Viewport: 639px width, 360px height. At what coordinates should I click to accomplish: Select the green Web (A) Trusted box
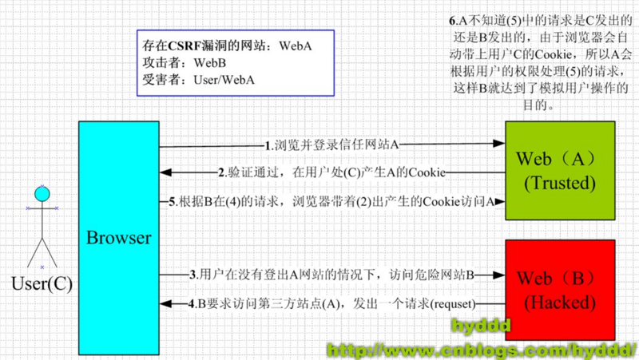(559, 171)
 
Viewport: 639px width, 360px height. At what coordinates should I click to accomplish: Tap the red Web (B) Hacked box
(559, 290)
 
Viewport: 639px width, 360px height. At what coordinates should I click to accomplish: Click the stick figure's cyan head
(42, 192)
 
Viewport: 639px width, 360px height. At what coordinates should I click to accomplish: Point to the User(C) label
(42, 283)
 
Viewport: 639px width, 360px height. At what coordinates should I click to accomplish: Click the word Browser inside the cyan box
(118, 237)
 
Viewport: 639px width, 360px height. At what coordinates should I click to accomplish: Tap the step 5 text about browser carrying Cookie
(335, 202)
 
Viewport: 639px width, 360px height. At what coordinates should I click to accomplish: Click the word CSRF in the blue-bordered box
(186, 45)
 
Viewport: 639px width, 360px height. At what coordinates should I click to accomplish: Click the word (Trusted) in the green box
(559, 184)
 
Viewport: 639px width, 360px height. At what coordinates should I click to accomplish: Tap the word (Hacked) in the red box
(559, 303)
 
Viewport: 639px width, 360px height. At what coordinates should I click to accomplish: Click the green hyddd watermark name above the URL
(481, 326)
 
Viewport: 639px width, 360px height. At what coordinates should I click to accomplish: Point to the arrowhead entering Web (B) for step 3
(499, 275)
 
